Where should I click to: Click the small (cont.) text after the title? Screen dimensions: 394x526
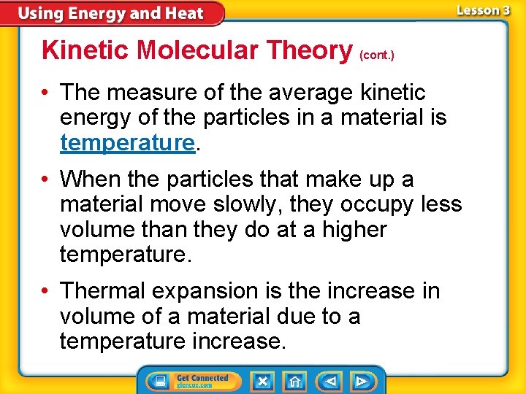click(377, 55)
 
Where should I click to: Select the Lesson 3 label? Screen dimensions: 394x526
click(484, 10)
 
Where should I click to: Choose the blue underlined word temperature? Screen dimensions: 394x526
click(127, 142)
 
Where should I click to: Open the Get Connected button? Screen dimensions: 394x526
click(191, 381)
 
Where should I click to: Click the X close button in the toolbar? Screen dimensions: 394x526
click(262, 381)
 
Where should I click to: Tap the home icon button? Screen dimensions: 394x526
click(295, 381)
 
